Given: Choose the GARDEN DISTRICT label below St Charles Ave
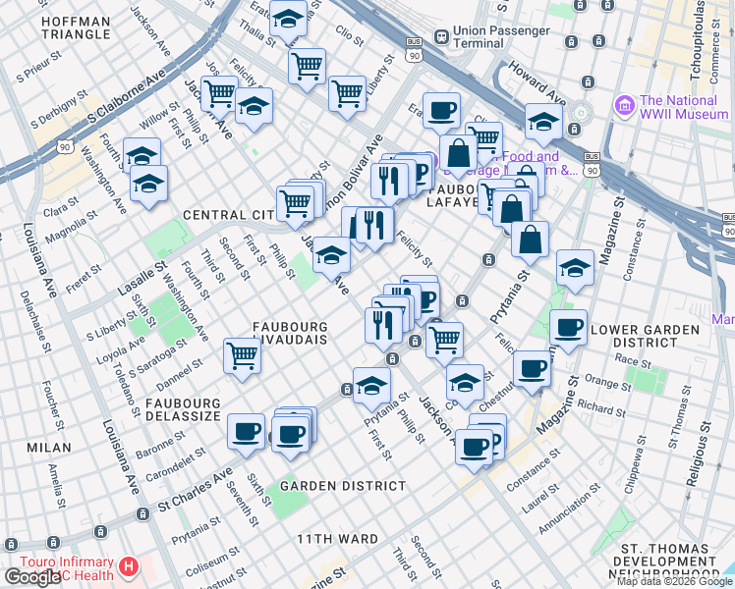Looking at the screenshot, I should [342, 486].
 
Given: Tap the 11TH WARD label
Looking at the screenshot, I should [338, 539].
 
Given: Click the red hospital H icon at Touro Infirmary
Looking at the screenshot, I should [129, 567].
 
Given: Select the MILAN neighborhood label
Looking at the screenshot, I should [49, 448].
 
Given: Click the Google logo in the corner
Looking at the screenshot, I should [31, 577].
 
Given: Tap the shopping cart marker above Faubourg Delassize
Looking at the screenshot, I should [242, 356].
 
